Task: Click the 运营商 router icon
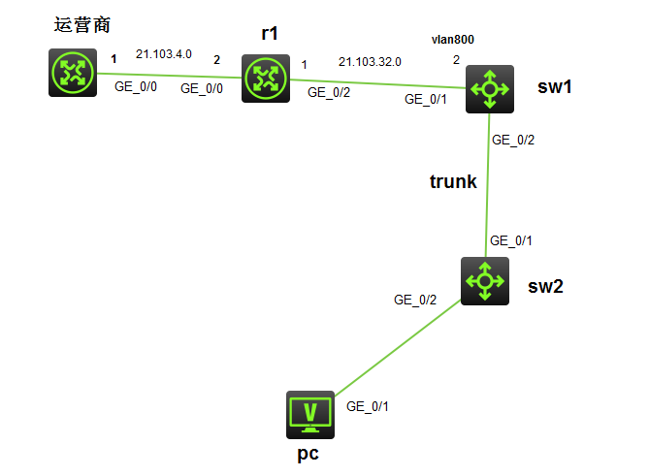tap(73, 73)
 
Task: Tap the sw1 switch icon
tap(489, 90)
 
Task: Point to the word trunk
tap(453, 181)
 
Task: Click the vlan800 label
tap(452, 39)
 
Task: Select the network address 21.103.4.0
tap(162, 54)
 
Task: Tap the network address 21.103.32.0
tap(370, 62)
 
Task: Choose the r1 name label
tap(270, 33)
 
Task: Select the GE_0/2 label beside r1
tap(328, 93)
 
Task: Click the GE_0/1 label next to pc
tap(368, 406)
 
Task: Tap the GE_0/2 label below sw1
tap(513, 140)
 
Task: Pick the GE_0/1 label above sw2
tap(511, 240)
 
